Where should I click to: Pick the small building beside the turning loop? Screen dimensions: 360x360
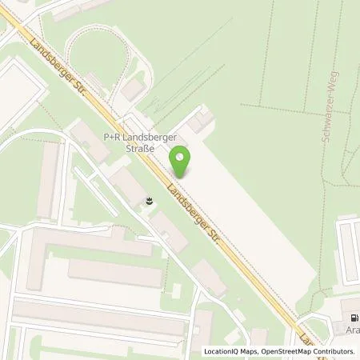(134, 89)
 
